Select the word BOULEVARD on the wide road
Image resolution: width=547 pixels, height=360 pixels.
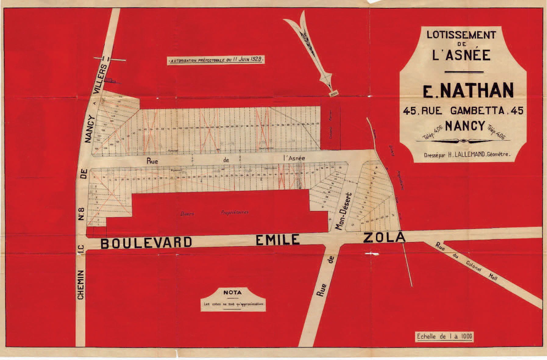[146, 243]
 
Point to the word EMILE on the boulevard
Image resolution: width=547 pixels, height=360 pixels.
[277, 240]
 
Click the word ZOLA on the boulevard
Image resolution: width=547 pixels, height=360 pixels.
[384, 238]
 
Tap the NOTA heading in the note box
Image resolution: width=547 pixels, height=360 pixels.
[233, 293]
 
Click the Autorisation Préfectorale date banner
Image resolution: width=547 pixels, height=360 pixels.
[216, 60]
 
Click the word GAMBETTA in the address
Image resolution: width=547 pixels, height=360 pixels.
[477, 111]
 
